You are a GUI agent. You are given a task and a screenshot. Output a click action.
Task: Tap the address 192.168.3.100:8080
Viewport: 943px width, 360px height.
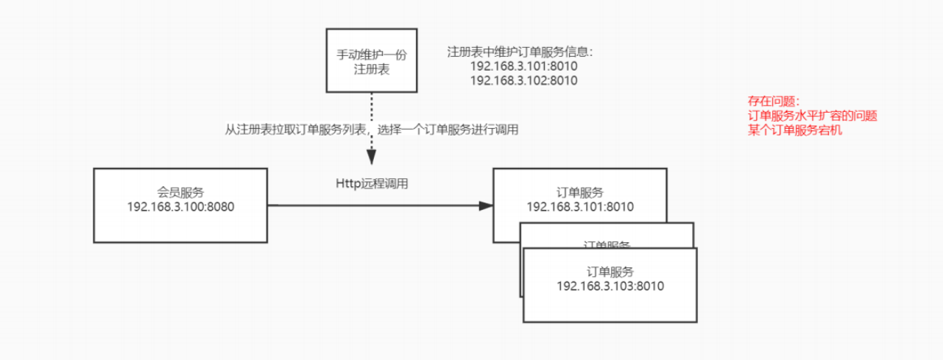click(x=180, y=207)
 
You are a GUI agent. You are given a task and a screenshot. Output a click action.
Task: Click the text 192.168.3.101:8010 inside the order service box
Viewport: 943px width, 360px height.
click(x=581, y=207)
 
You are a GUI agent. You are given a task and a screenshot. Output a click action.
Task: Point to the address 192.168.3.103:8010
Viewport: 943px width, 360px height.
click(x=610, y=286)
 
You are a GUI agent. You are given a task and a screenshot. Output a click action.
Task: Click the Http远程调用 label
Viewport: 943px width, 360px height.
click(x=372, y=184)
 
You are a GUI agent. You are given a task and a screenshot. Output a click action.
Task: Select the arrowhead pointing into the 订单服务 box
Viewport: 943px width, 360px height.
click(x=486, y=206)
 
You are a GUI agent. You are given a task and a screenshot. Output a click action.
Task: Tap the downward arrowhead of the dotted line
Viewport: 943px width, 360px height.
click(x=372, y=158)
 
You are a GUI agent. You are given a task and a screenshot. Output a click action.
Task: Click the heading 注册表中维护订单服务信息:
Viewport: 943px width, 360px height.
click(x=520, y=53)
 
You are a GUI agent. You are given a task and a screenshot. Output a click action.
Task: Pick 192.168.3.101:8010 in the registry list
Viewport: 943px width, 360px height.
click(x=523, y=67)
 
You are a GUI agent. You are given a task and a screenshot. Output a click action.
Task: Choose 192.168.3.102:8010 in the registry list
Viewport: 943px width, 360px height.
click(x=523, y=81)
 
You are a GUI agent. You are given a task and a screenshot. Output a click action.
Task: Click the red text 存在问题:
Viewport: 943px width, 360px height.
click(x=773, y=102)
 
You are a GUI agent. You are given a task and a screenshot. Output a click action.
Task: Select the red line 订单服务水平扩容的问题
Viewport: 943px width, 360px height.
click(x=812, y=116)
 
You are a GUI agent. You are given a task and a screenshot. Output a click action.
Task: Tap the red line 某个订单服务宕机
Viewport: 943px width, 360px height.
click(x=794, y=130)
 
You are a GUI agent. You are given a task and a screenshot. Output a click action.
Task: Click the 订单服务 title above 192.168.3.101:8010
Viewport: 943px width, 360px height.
click(x=581, y=193)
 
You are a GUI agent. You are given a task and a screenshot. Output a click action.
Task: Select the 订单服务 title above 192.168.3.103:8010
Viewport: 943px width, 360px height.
click(x=610, y=272)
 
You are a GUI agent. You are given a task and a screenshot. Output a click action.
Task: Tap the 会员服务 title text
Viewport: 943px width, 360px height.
click(x=180, y=193)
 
